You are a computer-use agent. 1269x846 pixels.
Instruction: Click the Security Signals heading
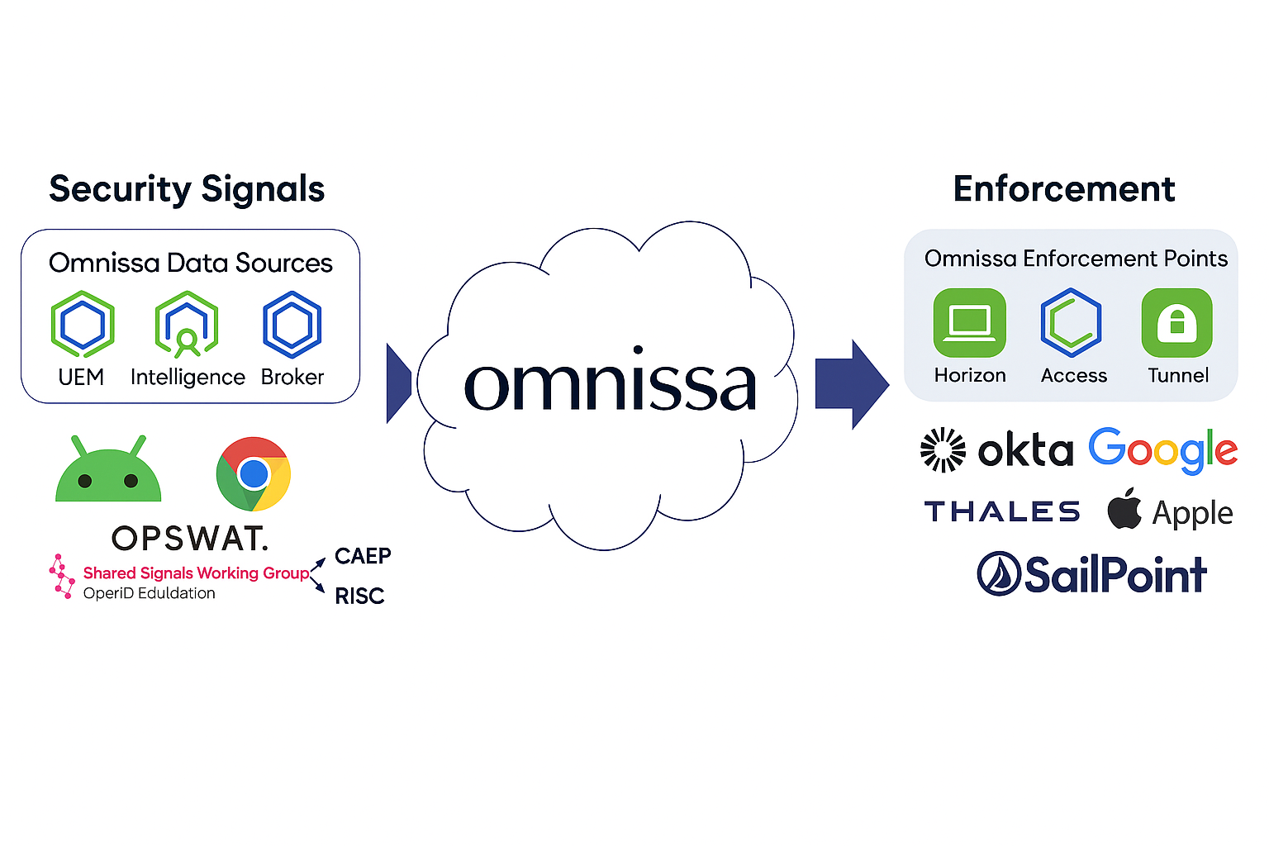[x=187, y=189]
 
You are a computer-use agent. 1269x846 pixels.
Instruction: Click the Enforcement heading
[x=1063, y=189]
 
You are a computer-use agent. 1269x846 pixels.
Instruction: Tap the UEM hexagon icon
[x=83, y=323]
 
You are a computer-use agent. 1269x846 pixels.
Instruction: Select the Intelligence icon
[x=187, y=324]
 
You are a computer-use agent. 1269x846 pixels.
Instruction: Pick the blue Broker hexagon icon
[x=292, y=323]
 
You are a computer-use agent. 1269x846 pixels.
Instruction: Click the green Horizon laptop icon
[x=969, y=322]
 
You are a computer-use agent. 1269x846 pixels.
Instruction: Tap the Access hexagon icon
[x=1072, y=322]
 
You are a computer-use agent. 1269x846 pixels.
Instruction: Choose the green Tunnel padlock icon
[x=1176, y=322]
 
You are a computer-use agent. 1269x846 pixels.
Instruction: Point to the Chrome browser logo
[x=254, y=474]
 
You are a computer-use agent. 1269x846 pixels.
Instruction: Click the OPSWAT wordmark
[x=190, y=539]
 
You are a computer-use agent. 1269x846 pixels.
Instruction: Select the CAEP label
[x=363, y=556]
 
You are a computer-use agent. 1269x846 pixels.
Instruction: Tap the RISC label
[x=359, y=596]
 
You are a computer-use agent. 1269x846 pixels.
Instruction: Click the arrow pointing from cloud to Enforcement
[x=852, y=384]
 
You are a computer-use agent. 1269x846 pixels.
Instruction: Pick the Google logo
[x=1162, y=450]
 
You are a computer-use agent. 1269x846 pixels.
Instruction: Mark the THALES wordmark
[x=1002, y=512]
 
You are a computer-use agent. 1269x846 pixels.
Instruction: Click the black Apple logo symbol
[x=1124, y=509]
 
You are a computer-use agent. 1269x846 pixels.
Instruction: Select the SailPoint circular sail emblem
[x=999, y=574]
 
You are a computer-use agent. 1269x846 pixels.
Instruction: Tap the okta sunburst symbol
[x=943, y=450]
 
